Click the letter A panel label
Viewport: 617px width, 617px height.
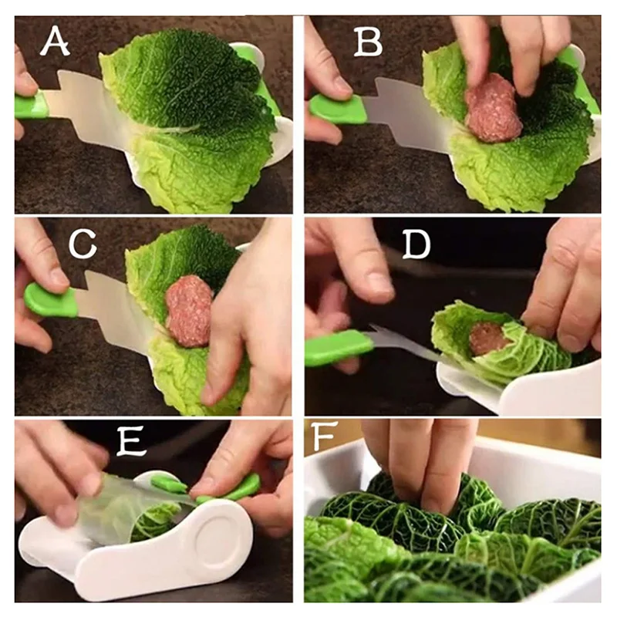(55, 42)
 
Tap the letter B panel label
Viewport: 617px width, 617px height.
(368, 42)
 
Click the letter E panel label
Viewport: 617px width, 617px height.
(133, 442)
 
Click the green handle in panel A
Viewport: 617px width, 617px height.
(31, 105)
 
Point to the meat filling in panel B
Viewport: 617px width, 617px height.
(493, 107)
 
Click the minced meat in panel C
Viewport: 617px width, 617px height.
(189, 310)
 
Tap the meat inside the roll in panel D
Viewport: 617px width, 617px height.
(489, 338)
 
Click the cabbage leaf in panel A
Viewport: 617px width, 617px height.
(193, 116)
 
